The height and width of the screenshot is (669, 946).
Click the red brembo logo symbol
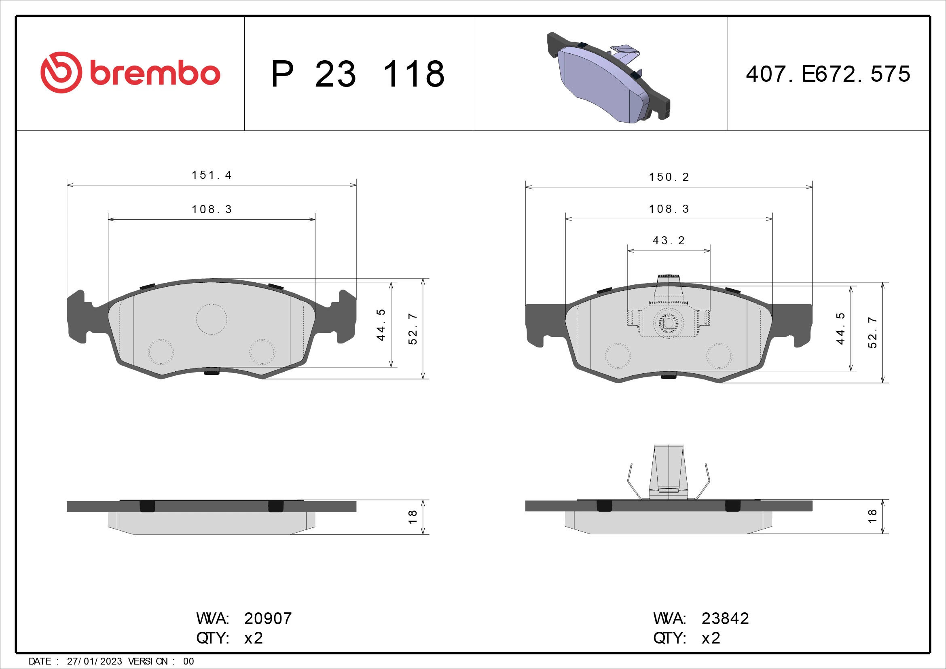pyautogui.click(x=61, y=72)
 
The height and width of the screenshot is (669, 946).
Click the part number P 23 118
pyautogui.click(x=358, y=74)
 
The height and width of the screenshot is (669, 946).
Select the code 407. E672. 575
pyautogui.click(x=828, y=74)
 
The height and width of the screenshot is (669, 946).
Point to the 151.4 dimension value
pyautogui.click(x=212, y=175)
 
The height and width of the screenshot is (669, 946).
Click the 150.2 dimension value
pyautogui.click(x=669, y=177)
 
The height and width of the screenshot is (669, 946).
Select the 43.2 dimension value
pyautogui.click(x=669, y=241)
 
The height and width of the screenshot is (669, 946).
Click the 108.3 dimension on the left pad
pyautogui.click(x=212, y=210)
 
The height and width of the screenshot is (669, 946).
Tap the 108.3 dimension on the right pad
pyautogui.click(x=669, y=209)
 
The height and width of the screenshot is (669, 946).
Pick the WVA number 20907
pyautogui.click(x=268, y=618)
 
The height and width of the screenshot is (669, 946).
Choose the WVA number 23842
pyautogui.click(x=725, y=618)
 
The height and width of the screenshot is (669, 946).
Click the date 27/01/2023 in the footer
pyautogui.click(x=94, y=661)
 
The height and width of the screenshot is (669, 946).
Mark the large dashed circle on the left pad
pyautogui.click(x=212, y=319)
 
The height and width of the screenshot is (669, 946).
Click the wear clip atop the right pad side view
pyautogui.click(x=669, y=472)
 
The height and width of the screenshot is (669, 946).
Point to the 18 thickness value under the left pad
pyautogui.click(x=413, y=517)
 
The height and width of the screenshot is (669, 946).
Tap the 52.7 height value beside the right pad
pyautogui.click(x=872, y=332)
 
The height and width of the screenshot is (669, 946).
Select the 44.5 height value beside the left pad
pyautogui.click(x=381, y=325)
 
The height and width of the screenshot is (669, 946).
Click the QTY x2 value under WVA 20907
pyautogui.click(x=254, y=638)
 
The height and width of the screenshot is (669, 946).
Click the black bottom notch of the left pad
pyautogui.click(x=212, y=372)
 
